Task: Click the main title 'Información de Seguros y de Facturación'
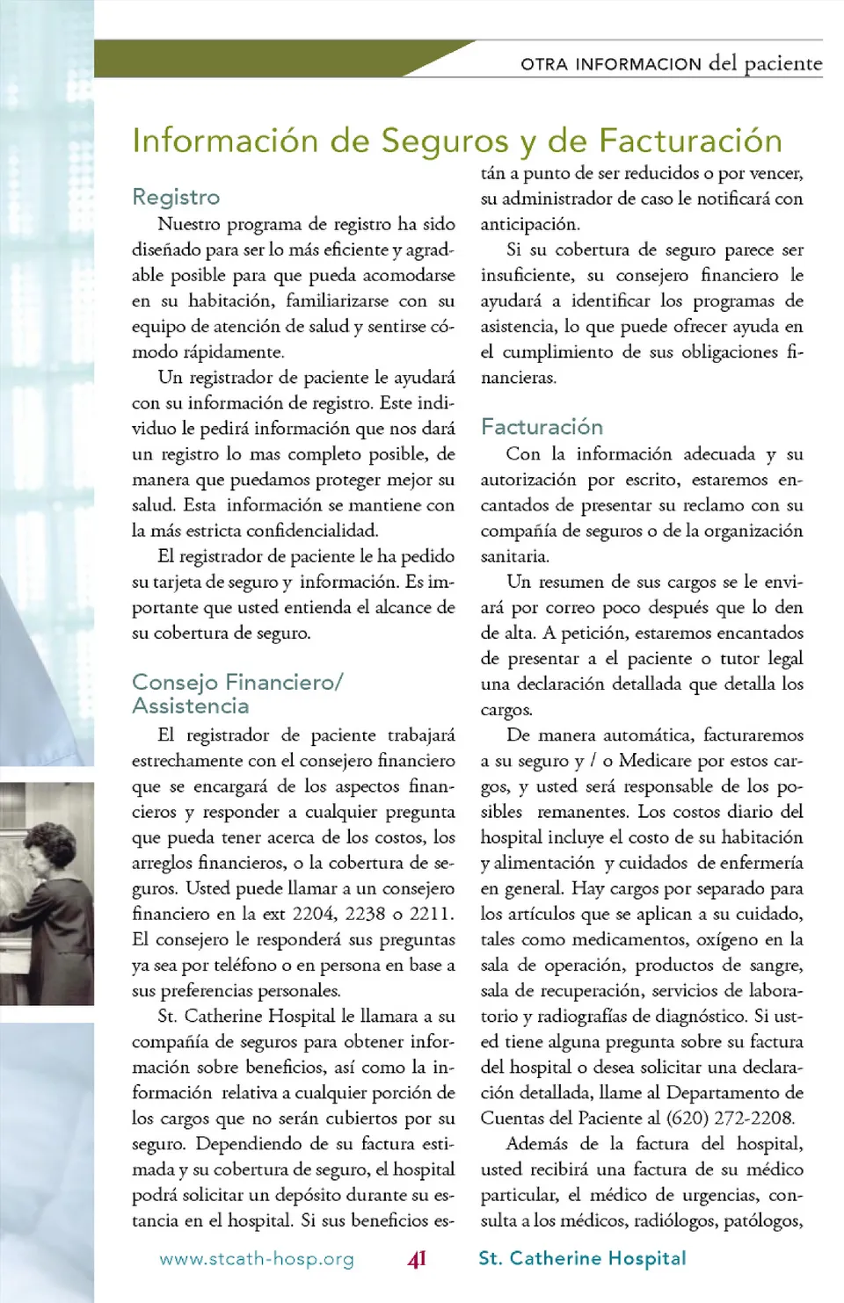[456, 141]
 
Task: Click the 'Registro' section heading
[176, 197]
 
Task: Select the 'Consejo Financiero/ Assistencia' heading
[237, 694]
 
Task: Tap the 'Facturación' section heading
[542, 427]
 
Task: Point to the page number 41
[417, 1259]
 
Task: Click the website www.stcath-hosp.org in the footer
[257, 1259]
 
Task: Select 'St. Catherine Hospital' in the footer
[582, 1258]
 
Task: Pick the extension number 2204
[315, 914]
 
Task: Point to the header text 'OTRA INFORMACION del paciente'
[671, 63]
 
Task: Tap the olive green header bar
[264, 58]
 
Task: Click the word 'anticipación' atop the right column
[529, 224]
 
